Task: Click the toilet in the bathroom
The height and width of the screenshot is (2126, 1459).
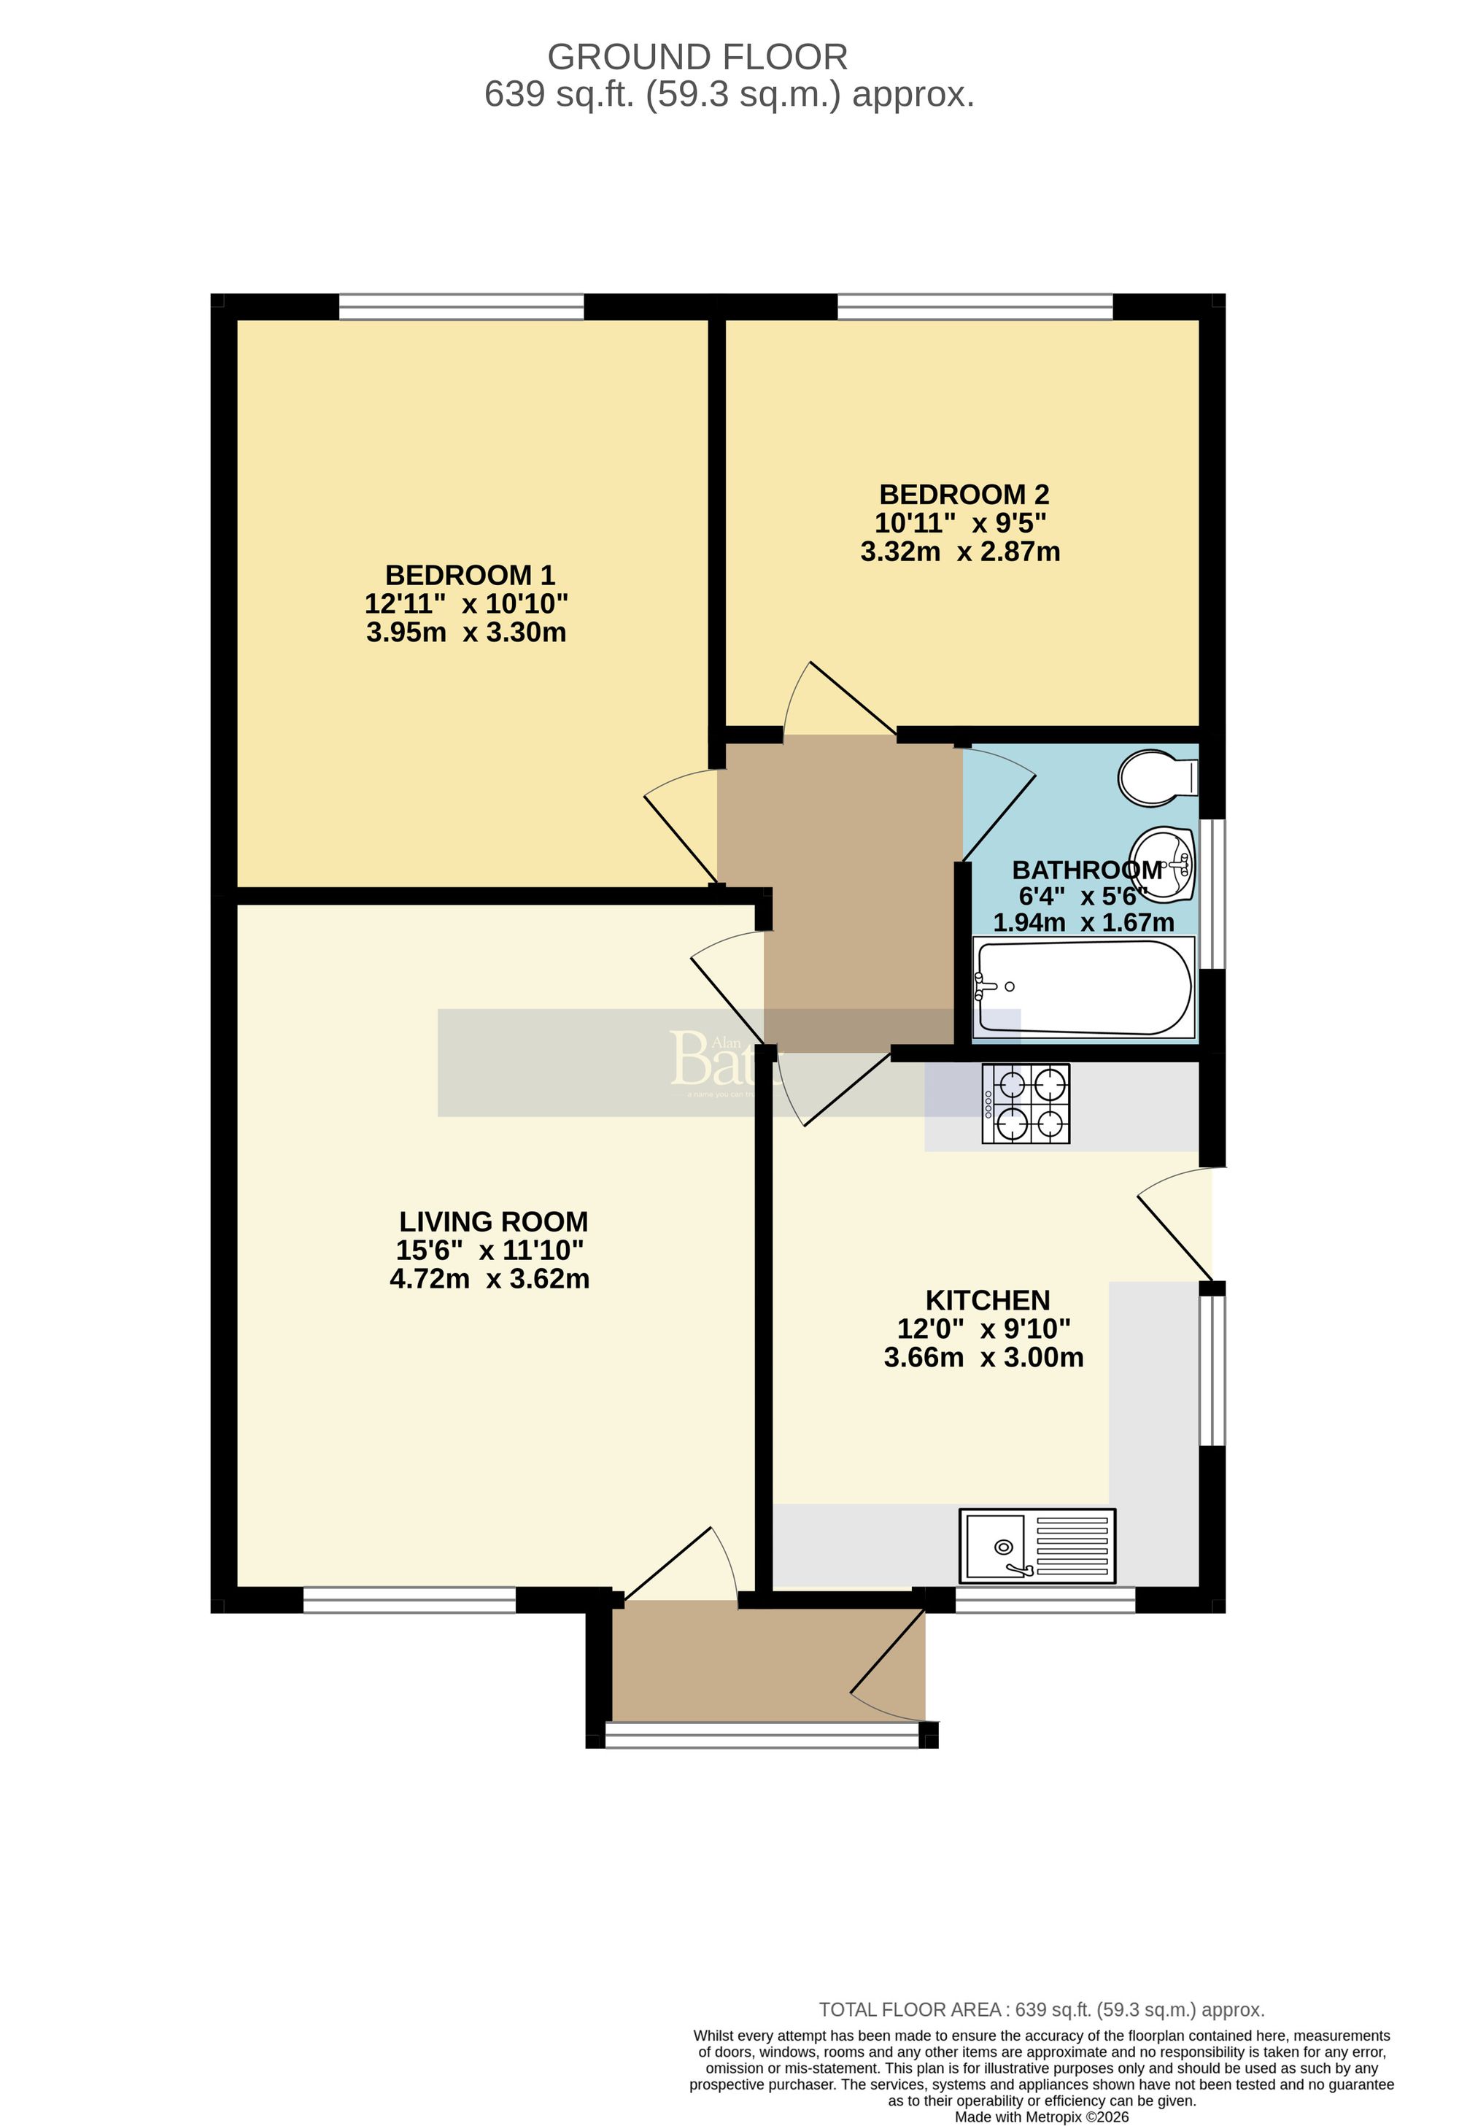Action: [x=1157, y=778]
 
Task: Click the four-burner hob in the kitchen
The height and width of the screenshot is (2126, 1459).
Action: [x=1026, y=1103]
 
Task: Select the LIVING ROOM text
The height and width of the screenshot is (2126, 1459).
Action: [x=493, y=1222]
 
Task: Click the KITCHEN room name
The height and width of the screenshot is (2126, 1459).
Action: [x=987, y=1300]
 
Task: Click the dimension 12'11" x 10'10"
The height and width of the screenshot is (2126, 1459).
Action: [x=466, y=604]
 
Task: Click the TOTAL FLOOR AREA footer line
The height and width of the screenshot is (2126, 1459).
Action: [x=1041, y=2036]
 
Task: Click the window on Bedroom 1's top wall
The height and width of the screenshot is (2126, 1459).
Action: [x=461, y=306]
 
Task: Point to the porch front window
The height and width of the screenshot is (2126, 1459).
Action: [x=762, y=1736]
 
